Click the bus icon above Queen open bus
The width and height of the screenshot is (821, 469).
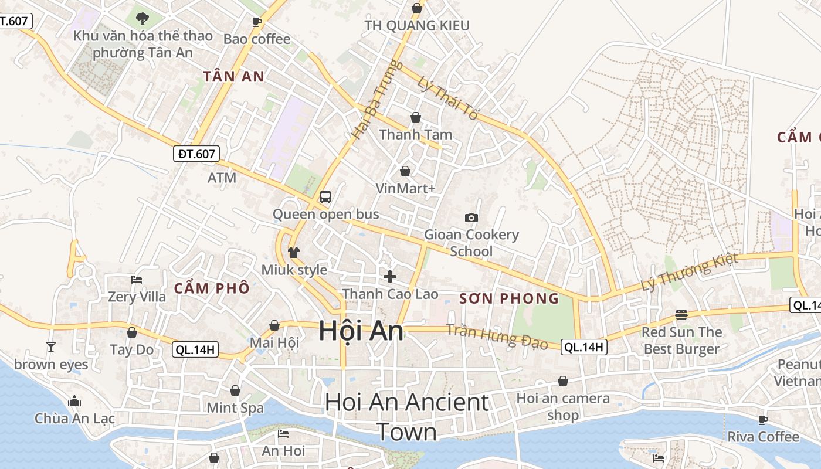(325, 197)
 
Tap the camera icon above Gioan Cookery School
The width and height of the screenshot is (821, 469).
(471, 218)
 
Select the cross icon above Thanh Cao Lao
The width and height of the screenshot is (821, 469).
(390, 277)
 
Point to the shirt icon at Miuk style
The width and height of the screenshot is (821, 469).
(294, 253)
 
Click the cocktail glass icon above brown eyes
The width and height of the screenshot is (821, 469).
(51, 347)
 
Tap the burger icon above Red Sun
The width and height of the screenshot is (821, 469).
(681, 315)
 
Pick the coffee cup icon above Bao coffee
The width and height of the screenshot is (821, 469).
(256, 22)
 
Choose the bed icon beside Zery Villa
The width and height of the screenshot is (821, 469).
(137, 280)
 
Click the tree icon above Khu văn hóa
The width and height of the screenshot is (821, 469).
(142, 19)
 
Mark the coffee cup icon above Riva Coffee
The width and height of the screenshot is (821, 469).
(762, 420)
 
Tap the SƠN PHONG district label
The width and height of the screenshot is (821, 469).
(509, 298)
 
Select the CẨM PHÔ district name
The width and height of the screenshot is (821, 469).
(212, 288)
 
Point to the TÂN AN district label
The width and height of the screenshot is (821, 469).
(233, 76)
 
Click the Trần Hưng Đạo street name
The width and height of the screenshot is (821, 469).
(497, 336)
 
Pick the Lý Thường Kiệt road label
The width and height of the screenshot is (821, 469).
(689, 273)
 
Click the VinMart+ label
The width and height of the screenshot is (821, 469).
(406, 188)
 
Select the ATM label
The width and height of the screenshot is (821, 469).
(222, 177)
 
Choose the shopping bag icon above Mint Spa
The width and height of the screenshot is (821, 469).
(235, 390)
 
